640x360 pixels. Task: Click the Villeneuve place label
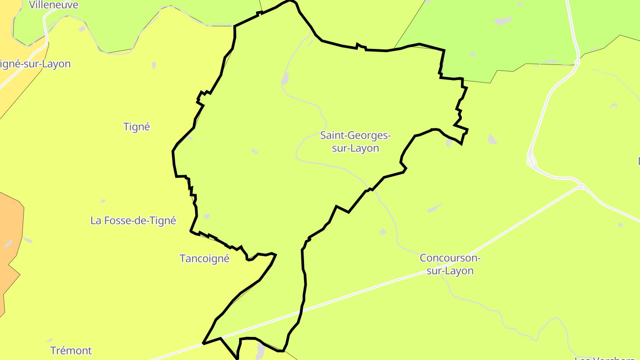53,5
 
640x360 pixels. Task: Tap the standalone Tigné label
137,127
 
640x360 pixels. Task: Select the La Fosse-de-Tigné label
133,220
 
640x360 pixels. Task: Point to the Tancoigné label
204,259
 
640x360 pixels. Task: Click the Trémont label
71,351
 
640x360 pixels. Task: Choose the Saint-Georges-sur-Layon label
356,142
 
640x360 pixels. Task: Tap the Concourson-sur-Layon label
450,264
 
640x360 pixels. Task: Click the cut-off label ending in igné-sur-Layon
36,64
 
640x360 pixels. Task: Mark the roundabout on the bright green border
577,63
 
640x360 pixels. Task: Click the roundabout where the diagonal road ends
582,187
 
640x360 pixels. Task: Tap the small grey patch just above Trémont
50,340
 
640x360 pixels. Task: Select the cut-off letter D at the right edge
639,161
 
